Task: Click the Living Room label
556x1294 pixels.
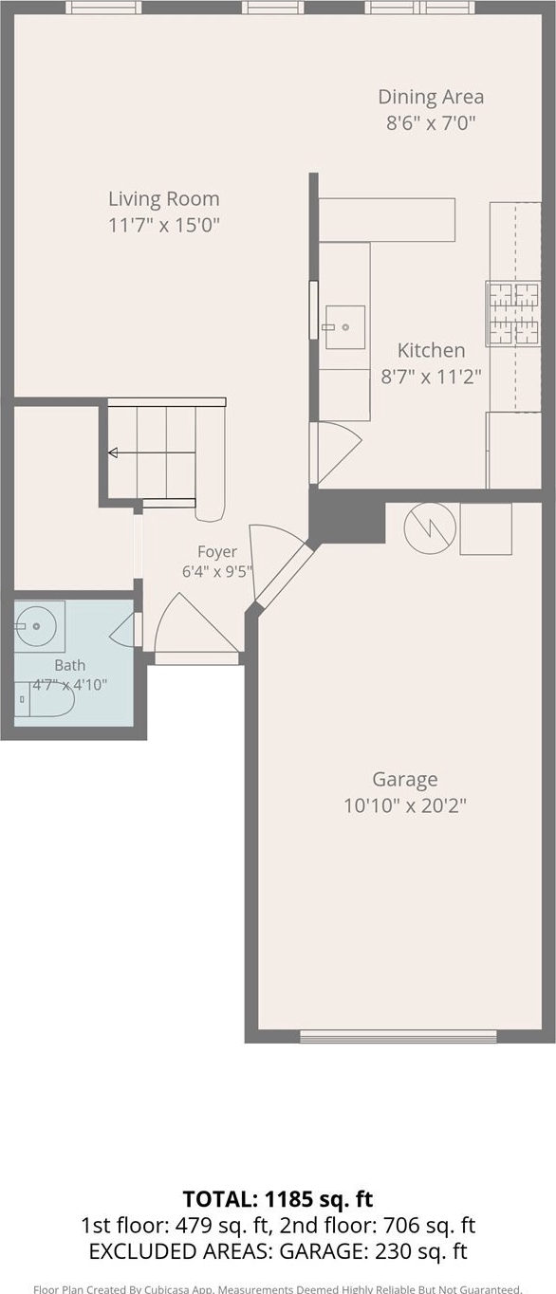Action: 164,199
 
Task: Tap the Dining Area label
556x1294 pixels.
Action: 431,97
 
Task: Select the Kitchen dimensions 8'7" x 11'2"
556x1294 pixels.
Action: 431,378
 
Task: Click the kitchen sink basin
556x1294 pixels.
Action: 345,327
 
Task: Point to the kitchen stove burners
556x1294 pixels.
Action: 514,314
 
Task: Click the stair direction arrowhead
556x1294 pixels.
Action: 113,453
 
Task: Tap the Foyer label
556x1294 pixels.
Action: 217,552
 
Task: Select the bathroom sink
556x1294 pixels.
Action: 39,626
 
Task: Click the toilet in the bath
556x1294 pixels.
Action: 45,699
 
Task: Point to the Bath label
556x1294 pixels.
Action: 70,665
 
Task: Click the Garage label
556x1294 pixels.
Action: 404,780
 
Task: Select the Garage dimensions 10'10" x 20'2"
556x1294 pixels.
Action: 404,805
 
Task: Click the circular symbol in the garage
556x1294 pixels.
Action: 430,529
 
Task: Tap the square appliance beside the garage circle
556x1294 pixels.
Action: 486,529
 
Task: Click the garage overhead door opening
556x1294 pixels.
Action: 398,1036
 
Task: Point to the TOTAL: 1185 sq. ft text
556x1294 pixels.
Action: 278,1199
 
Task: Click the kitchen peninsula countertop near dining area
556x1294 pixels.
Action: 387,220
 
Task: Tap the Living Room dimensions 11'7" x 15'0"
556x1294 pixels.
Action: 164,225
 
